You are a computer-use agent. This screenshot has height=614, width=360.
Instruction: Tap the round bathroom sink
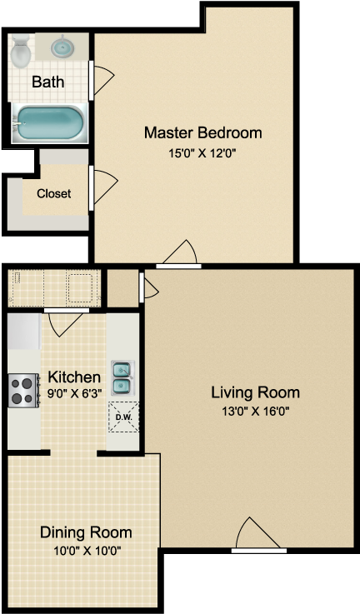tap(62, 47)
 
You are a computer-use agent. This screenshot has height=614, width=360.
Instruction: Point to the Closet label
tap(53, 193)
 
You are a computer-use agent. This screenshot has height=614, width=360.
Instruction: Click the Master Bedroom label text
tap(202, 132)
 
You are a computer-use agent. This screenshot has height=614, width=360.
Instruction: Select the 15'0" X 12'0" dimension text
tap(202, 152)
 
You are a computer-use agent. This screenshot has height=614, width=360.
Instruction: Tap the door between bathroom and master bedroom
tap(102, 80)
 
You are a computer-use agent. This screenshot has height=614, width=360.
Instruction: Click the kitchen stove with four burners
tap(23, 390)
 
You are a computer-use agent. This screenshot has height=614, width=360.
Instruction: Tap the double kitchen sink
tap(122, 377)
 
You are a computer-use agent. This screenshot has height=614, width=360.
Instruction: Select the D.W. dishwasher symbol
tap(123, 417)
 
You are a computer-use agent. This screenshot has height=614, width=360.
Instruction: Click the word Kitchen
tap(73, 377)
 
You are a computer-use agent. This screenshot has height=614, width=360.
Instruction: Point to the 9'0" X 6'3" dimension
tap(73, 394)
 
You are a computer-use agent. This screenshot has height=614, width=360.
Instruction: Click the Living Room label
tap(255, 392)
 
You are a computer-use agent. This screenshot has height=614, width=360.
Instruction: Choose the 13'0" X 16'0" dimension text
tap(255, 411)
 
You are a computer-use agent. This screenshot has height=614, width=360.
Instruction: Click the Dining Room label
tap(86, 532)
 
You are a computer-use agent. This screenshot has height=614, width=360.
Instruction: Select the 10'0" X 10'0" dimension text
tap(86, 551)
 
